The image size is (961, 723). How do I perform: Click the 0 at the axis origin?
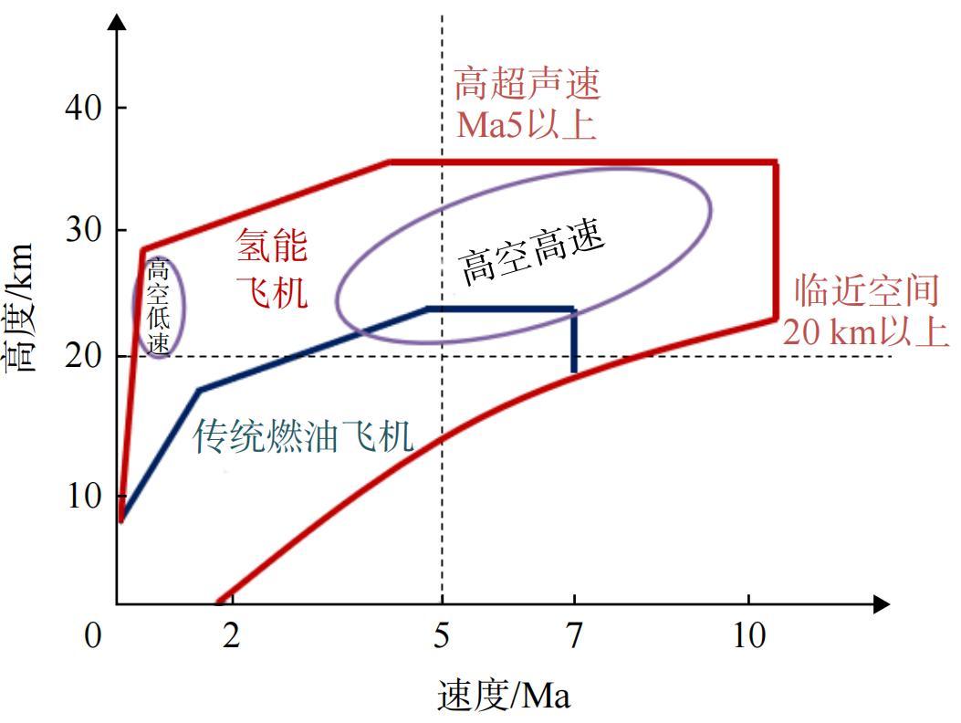pos(92,634)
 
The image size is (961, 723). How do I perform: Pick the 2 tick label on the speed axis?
pos(232,634)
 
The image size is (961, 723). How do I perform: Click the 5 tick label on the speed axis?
pos(442,634)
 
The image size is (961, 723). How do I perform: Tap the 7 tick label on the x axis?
pos(573,634)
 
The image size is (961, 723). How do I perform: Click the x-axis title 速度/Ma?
pos(504,697)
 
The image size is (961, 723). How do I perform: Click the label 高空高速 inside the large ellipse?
pos(533,254)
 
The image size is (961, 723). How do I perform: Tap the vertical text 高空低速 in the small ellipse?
pos(159,307)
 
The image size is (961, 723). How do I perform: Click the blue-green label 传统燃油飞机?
pos(304,437)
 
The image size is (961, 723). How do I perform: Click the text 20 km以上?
pos(865,332)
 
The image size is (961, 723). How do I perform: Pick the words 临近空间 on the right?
pos(865,291)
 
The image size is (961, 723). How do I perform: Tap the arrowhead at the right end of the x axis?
pos(881,603)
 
